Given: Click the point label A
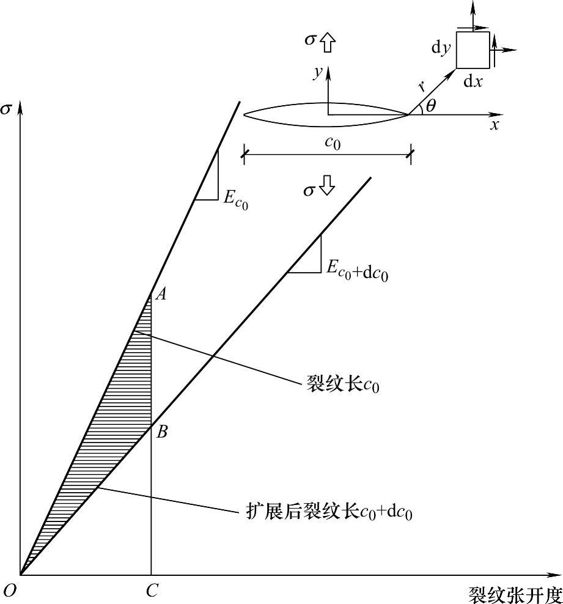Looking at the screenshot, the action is [161, 295].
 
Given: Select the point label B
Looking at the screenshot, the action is [161, 432].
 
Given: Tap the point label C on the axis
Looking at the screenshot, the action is [152, 591].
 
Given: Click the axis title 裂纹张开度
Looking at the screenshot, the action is [515, 594].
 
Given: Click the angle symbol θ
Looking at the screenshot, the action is [431, 106].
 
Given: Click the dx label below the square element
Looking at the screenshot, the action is [473, 81].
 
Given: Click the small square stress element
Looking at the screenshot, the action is [473, 50].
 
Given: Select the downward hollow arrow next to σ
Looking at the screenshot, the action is [328, 185].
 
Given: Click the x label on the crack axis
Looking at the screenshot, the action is [495, 125].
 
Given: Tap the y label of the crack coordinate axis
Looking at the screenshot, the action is [317, 73].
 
